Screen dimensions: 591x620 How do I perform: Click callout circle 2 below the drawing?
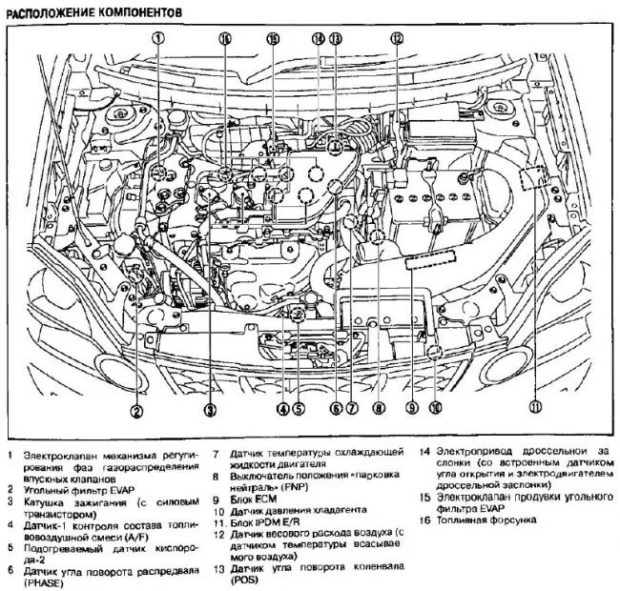pyautogui.click(x=137, y=411)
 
